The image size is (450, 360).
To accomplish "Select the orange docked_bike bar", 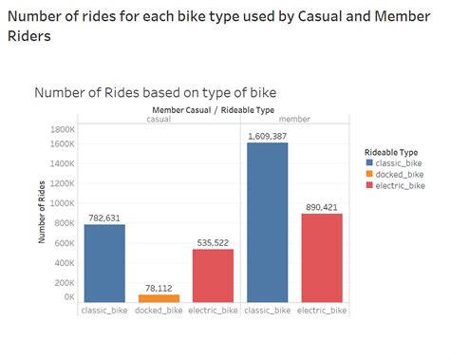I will coord(159,297).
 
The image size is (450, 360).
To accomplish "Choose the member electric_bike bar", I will coord(322,257).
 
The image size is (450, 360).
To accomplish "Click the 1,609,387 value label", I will coord(268,137).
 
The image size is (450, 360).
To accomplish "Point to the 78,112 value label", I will coord(159,288).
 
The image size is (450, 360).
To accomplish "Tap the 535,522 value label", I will coord(214,242).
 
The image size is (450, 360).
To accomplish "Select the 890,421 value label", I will coord(322,207).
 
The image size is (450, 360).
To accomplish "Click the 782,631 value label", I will coord(104,218).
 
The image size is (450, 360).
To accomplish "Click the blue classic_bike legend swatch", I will coord(368,163).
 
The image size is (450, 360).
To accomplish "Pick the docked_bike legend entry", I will coord(398,174).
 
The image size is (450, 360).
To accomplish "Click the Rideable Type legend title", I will coord(391,150).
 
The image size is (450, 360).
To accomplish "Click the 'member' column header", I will coord(295,119).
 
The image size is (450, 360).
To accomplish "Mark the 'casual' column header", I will coord(159,119).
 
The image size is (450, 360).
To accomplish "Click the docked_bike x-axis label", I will coord(159,312).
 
